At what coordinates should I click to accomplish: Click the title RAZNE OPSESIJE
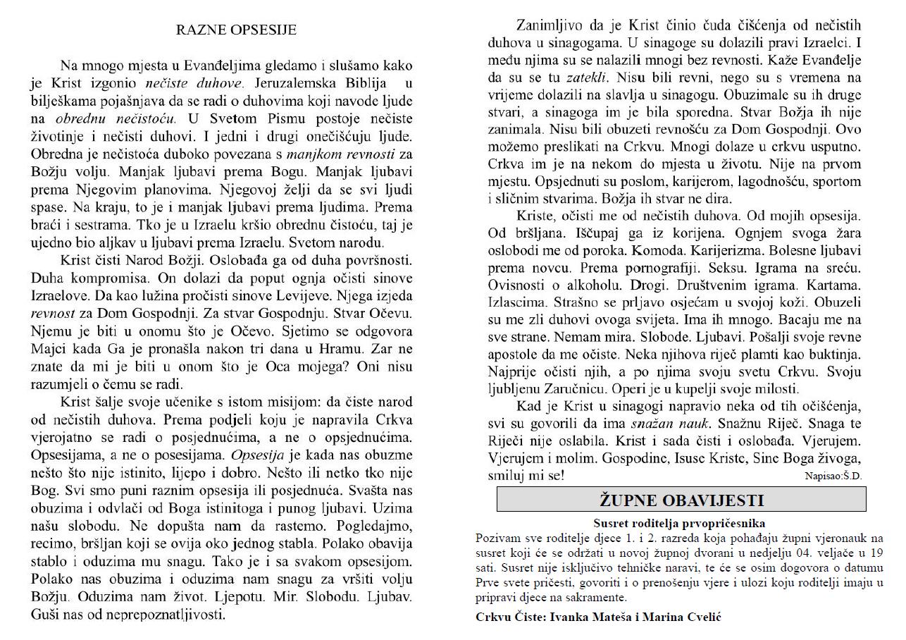pos(235,30)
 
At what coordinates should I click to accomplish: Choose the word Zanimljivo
pos(552,27)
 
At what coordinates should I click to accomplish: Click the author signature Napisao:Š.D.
pos(833,476)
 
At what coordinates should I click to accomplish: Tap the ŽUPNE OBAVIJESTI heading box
pos(681,500)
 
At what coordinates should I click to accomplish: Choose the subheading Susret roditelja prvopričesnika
pos(679,524)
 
